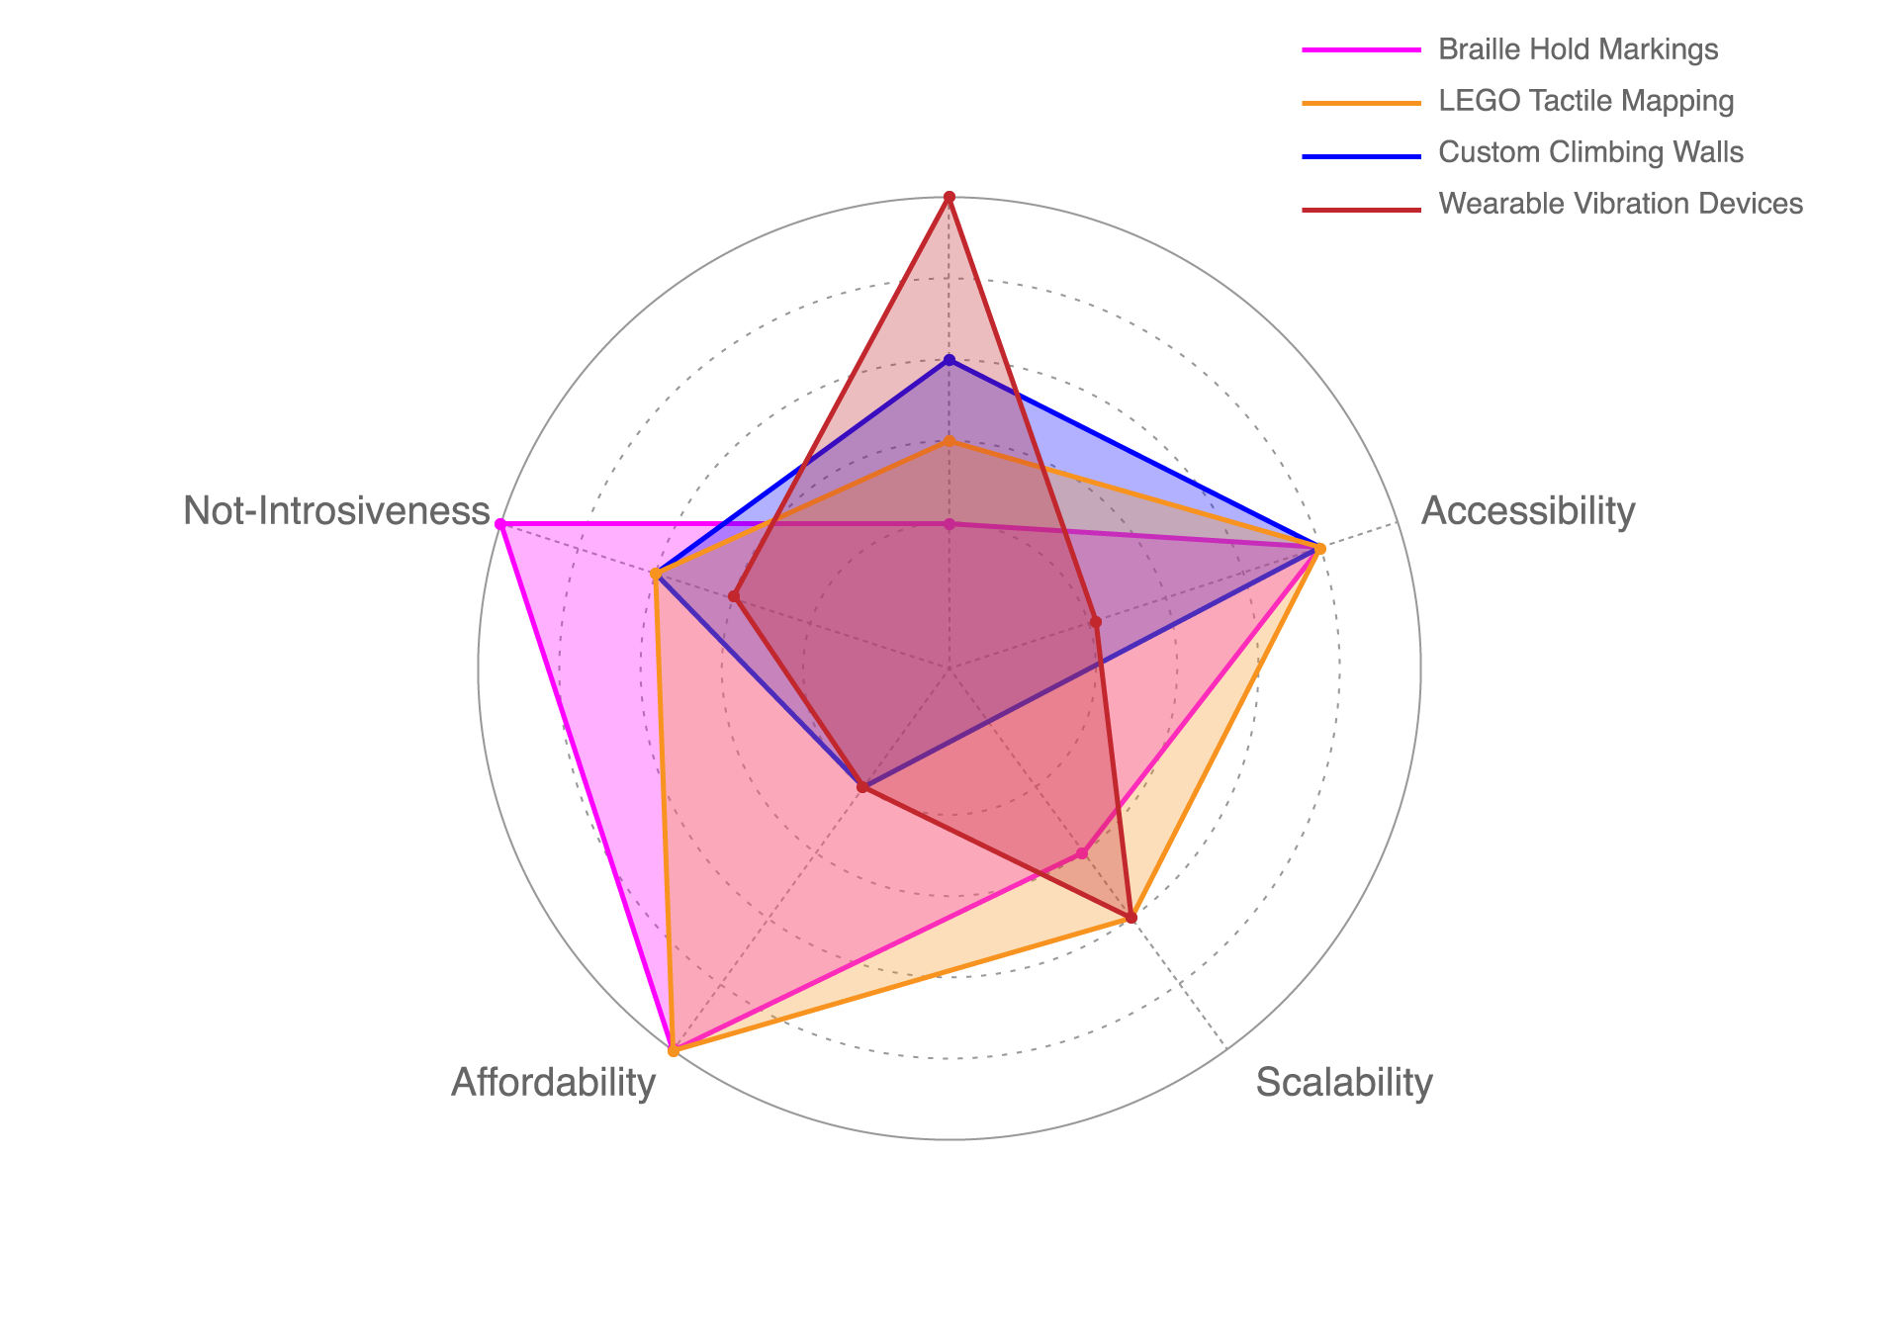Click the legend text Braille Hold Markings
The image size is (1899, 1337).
(1578, 49)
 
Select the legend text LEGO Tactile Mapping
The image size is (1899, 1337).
(1585, 101)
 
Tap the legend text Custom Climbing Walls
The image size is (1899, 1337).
(1590, 152)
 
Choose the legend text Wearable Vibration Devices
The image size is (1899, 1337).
(1620, 204)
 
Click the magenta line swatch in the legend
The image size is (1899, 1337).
(1361, 49)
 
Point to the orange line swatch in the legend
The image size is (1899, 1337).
(1361, 101)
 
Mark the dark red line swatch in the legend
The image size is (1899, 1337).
(1361, 209)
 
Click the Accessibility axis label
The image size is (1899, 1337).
(1527, 511)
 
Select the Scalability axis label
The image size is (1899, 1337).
(1344, 1083)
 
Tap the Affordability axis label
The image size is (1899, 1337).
(553, 1083)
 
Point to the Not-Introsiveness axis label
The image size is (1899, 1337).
(336, 511)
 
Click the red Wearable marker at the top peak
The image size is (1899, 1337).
(949, 197)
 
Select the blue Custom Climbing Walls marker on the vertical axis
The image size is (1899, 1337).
(949, 358)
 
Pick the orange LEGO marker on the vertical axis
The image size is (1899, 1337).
(949, 441)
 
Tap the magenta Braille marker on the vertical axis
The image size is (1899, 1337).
(949, 522)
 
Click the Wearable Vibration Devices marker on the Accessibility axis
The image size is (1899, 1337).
(1095, 622)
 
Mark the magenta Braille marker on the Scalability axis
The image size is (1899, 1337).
(1083, 853)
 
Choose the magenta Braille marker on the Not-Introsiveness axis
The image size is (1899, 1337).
(499, 522)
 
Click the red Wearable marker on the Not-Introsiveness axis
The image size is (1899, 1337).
(734, 596)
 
